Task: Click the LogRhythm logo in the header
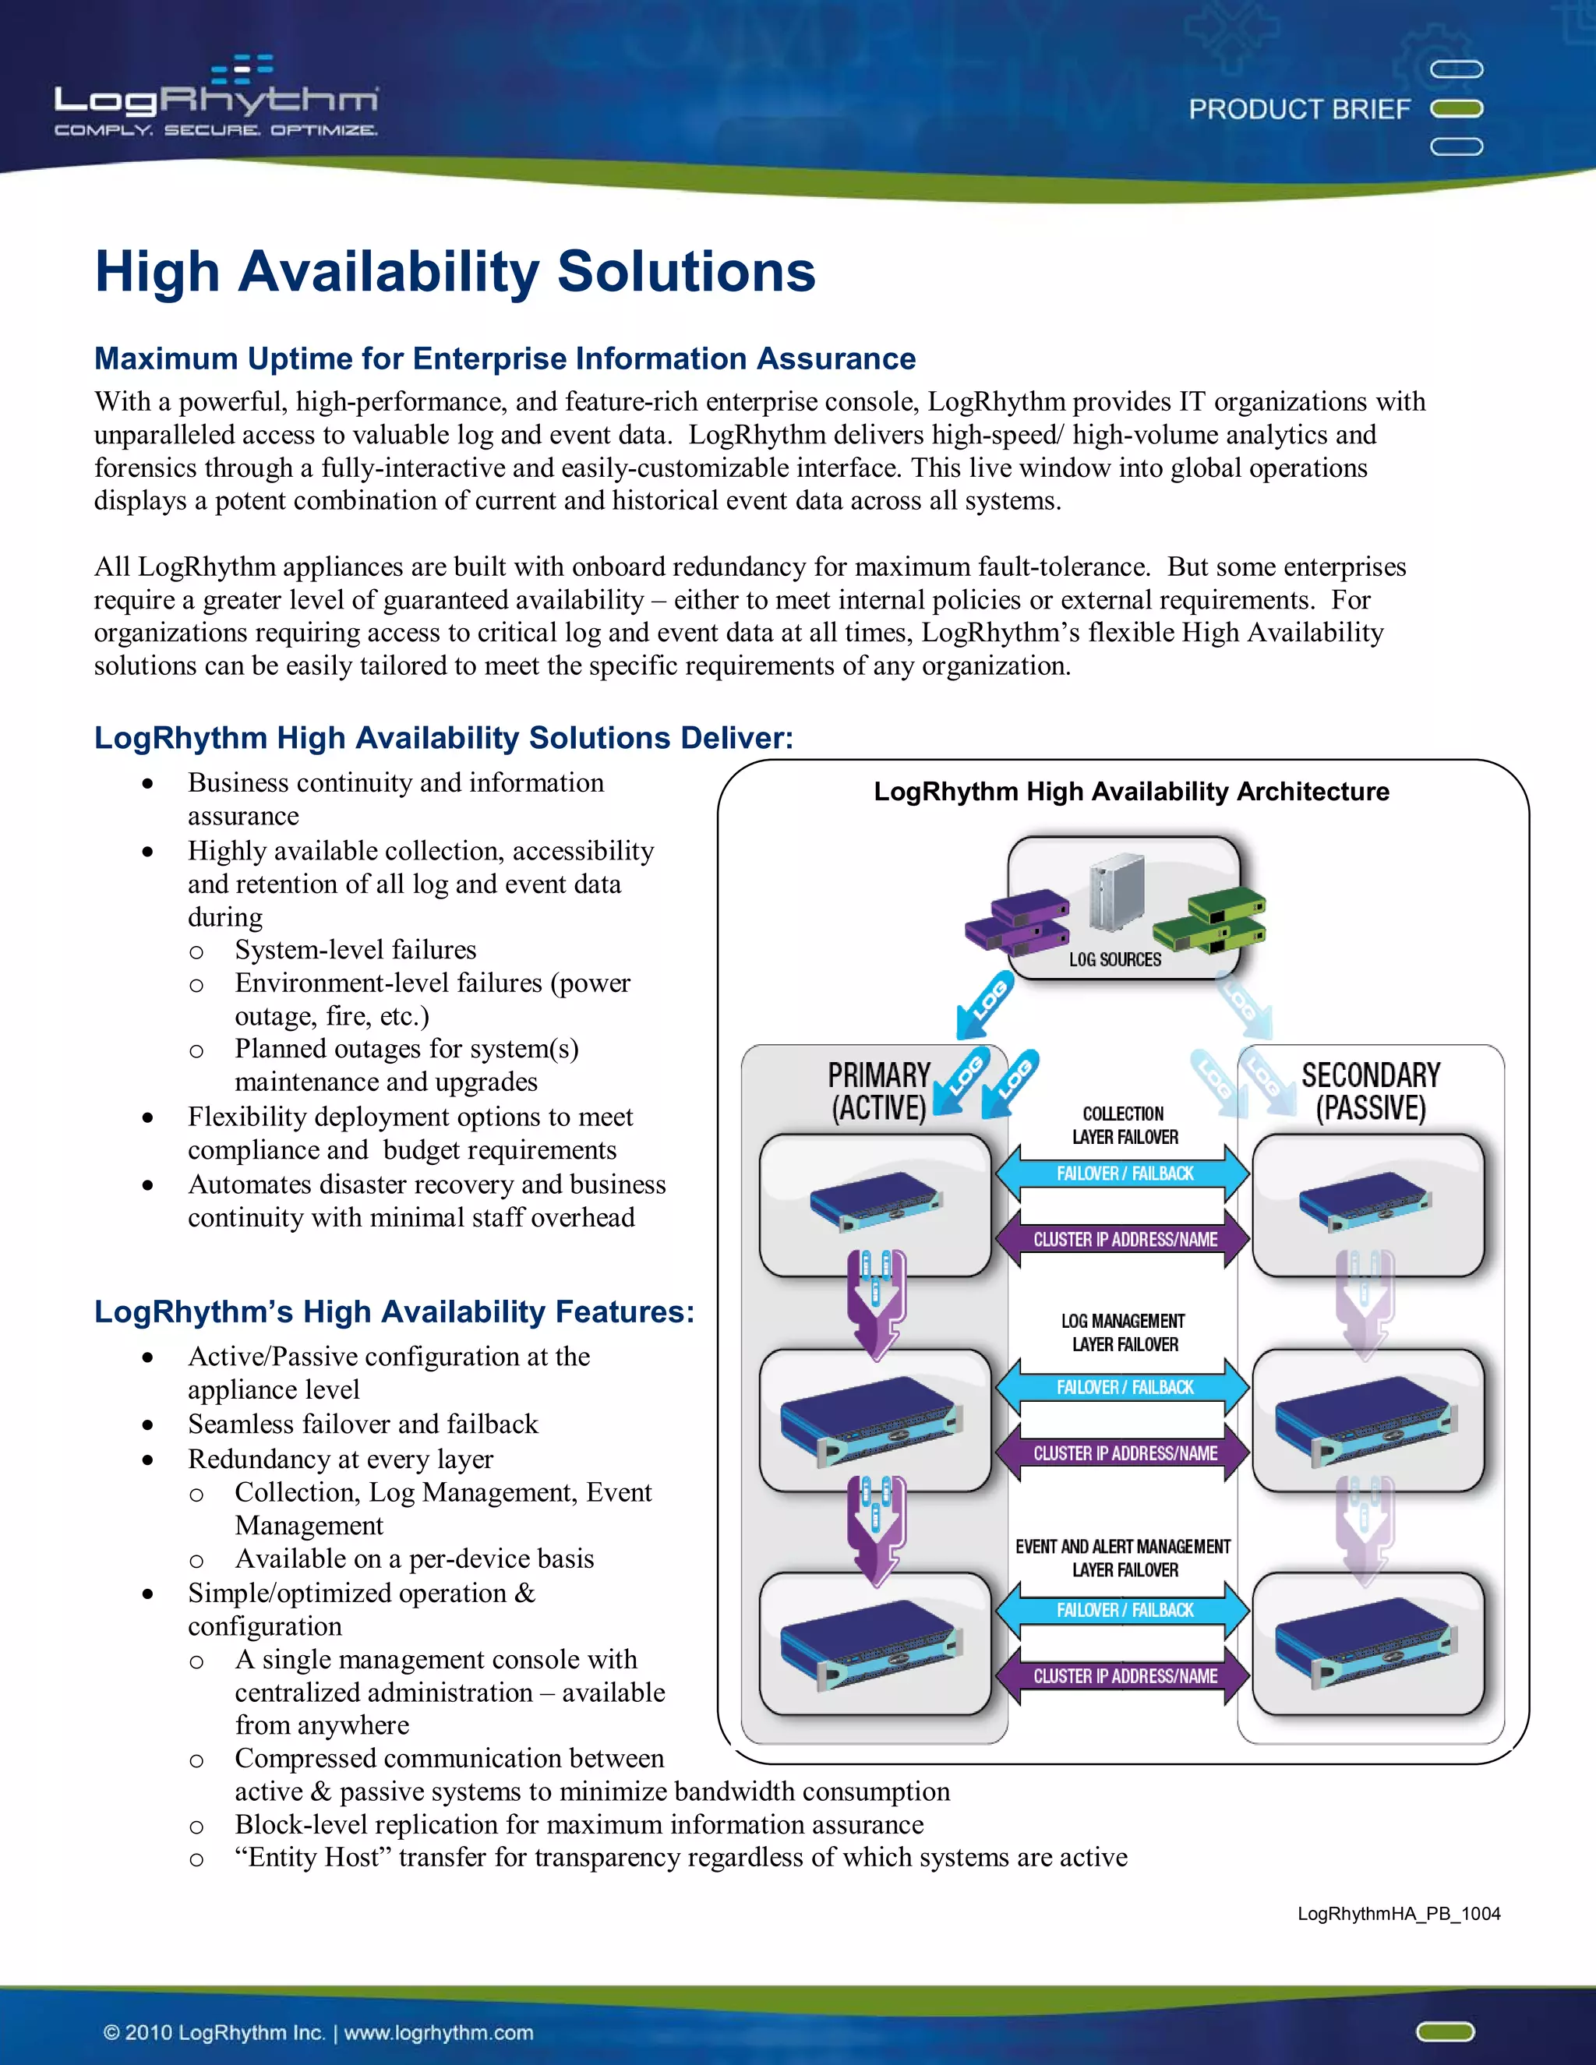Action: pyautogui.click(x=217, y=98)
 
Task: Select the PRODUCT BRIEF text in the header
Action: pyautogui.click(x=1298, y=110)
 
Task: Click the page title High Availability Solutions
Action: pyautogui.click(x=455, y=272)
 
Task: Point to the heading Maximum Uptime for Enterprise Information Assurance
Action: pyautogui.click(x=505, y=359)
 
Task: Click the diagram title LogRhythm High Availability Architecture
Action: pyautogui.click(x=1131, y=792)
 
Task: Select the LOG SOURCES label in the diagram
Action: pyautogui.click(x=1114, y=960)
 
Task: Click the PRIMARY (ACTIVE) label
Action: pyautogui.click(x=878, y=1091)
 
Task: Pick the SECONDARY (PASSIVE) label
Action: pyautogui.click(x=1370, y=1091)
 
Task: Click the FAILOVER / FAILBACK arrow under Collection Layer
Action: pyautogui.click(x=1125, y=1174)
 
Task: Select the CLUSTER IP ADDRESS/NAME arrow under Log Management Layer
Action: pyautogui.click(x=1125, y=1453)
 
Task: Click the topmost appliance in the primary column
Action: pyautogui.click(x=875, y=1204)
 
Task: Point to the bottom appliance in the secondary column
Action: pyautogui.click(x=1367, y=1644)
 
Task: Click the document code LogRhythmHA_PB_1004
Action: pyautogui.click(x=1398, y=1914)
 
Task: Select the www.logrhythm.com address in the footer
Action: pyautogui.click(x=438, y=2033)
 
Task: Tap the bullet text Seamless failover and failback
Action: pyautogui.click(x=362, y=1424)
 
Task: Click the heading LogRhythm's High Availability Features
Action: pyautogui.click(x=394, y=1312)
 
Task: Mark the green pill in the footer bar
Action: pyautogui.click(x=1445, y=2031)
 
